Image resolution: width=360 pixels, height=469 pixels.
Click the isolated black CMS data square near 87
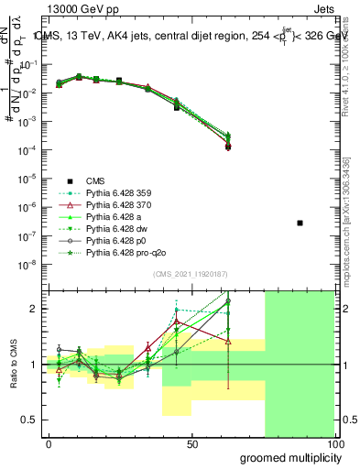point(300,223)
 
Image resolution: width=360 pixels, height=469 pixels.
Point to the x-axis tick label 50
point(192,444)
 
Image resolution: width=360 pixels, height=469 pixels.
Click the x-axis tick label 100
point(334,444)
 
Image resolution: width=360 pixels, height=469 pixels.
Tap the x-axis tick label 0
point(49,444)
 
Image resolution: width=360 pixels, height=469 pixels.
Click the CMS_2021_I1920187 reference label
point(190,274)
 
